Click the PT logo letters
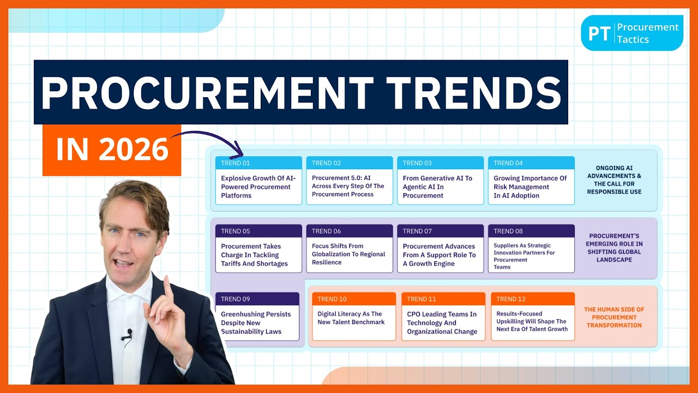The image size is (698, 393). tap(598, 33)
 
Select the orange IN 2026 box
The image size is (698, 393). tap(112, 150)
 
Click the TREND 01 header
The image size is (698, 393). tap(258, 163)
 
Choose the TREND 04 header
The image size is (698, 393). tap(531, 163)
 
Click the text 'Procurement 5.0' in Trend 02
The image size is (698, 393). tap(335, 178)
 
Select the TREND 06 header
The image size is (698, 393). tap(349, 231)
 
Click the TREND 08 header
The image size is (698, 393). tap(531, 231)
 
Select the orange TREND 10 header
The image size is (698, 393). tap(354, 299)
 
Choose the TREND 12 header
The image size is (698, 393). tap(533, 299)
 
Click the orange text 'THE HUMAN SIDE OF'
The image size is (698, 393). tap(614, 309)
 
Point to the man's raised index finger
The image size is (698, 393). tap(168, 289)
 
